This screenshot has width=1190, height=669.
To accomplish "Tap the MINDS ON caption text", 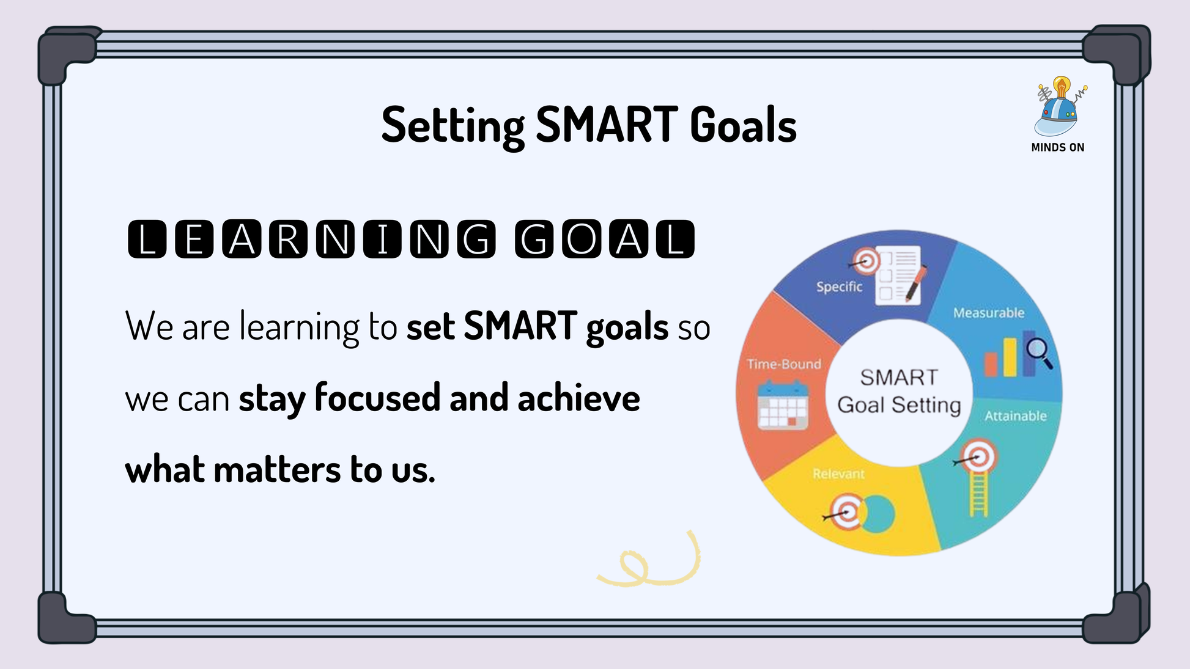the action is (x=1058, y=147).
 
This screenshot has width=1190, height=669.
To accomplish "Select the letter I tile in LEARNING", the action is (x=383, y=239).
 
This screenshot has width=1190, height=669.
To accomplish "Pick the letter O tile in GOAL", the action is (x=581, y=239).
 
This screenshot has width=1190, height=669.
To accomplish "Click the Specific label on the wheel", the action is (x=839, y=287).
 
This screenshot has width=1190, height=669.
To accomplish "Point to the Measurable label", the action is (x=989, y=313).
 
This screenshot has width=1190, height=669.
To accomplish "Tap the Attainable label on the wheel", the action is (x=1015, y=416).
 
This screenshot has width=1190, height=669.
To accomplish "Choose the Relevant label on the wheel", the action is (x=838, y=473).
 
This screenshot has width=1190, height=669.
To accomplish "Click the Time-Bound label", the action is (x=784, y=364).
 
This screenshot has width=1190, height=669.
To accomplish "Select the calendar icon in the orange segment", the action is (x=783, y=404).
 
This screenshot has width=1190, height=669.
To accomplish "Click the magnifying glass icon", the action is (x=1039, y=353).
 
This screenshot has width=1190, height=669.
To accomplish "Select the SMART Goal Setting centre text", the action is (x=899, y=391).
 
